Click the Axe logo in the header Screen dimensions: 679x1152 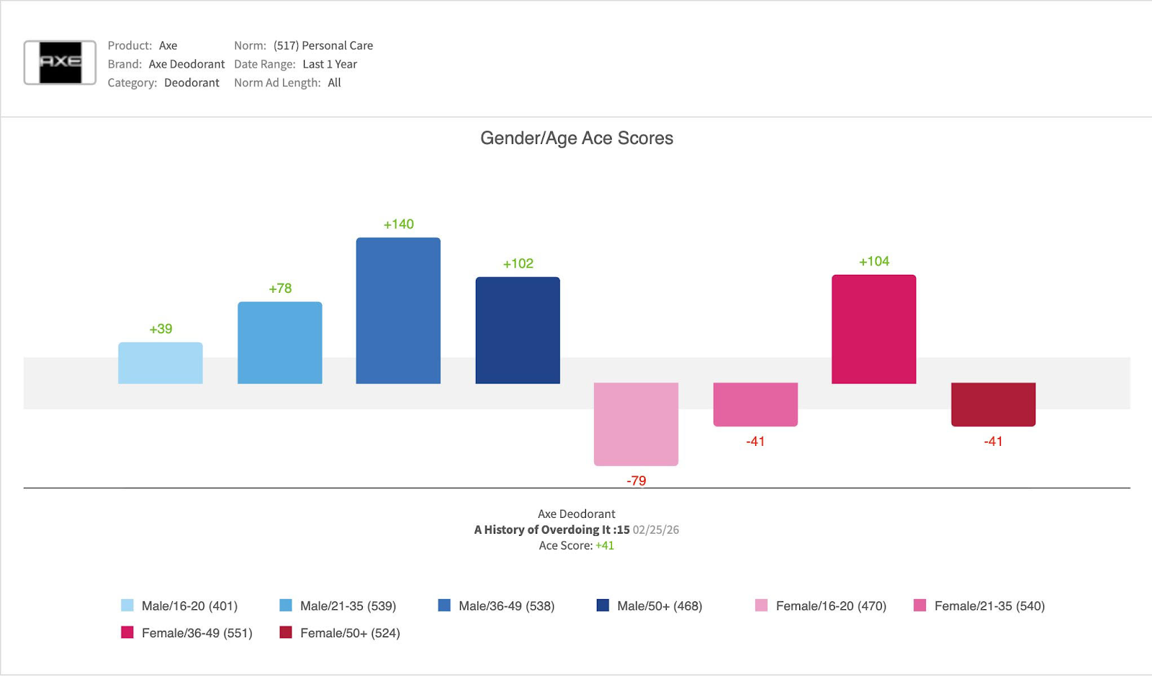[x=60, y=63]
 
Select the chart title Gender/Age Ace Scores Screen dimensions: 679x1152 [x=576, y=138]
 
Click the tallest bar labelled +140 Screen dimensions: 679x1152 [x=398, y=310]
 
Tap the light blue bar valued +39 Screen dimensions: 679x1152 [x=161, y=363]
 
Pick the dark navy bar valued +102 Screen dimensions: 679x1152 [x=518, y=330]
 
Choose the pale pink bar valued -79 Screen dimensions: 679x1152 [x=636, y=424]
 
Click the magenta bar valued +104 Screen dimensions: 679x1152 [x=873, y=329]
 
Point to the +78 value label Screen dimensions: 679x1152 [x=280, y=288]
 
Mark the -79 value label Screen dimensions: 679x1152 [x=636, y=480]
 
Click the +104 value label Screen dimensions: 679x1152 [x=873, y=261]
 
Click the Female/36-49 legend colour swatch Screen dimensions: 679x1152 [x=127, y=633]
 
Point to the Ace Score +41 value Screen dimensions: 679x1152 [x=605, y=545]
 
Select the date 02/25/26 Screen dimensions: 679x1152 [x=655, y=529]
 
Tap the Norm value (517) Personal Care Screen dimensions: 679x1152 [x=323, y=45]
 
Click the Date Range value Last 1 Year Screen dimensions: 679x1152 [x=330, y=64]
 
